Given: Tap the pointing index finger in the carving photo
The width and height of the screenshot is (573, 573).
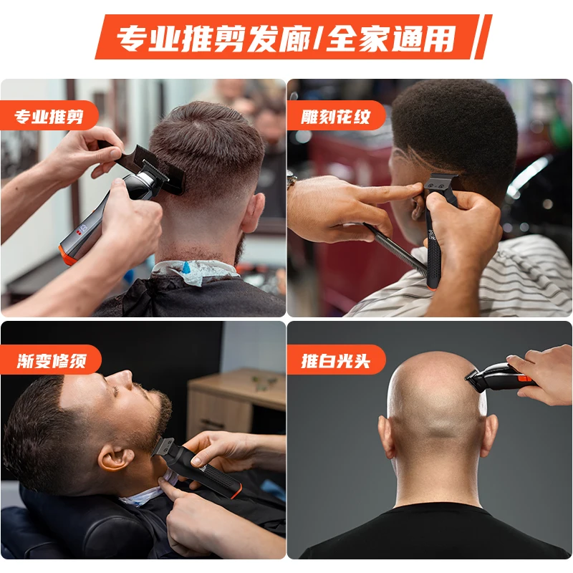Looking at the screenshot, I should point(390,192).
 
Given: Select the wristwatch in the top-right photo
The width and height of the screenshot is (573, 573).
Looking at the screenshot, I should point(292,180).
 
